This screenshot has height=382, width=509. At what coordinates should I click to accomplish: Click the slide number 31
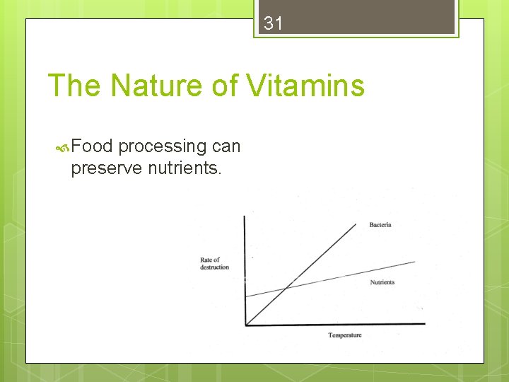tap(273, 23)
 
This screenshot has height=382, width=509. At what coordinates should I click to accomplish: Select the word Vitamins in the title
tap(305, 86)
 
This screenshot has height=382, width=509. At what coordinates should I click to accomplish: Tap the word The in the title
tap(74, 86)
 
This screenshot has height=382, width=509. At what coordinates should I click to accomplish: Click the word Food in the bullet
tap(92, 146)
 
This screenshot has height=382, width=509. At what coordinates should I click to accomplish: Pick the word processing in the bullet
tap(162, 146)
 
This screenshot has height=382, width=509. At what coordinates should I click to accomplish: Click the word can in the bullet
tap(226, 146)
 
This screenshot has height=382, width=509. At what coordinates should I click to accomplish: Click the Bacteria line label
tap(380, 225)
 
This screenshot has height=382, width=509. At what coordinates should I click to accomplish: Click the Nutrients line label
tap(382, 282)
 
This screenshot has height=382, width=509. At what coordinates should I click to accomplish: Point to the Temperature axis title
tap(344, 335)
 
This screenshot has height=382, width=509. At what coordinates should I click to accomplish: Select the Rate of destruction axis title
tap(213, 263)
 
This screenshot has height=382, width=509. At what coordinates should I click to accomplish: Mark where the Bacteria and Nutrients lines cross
tap(285, 288)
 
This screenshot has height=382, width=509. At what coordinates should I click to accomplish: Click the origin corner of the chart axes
tap(245, 325)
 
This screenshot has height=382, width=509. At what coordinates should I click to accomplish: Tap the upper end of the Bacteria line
tap(357, 224)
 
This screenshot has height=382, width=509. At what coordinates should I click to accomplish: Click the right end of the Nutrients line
tap(415, 262)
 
